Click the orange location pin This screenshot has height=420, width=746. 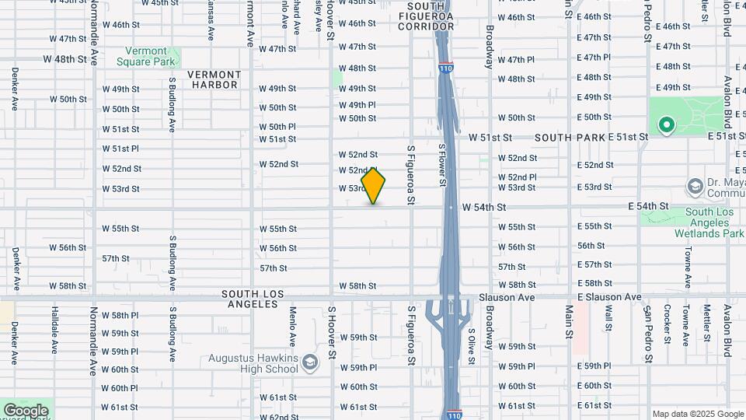[374, 185]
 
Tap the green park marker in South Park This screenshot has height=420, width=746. [666, 124]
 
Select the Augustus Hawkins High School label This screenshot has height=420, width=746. [253, 363]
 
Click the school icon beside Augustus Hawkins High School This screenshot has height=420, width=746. [310, 362]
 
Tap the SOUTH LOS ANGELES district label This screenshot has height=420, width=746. [253, 299]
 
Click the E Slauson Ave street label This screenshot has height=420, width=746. [610, 297]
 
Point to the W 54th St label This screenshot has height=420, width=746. [484, 208]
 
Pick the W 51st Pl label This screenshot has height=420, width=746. [120, 149]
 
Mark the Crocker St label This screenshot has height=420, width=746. [668, 324]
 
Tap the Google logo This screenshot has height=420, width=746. [26, 410]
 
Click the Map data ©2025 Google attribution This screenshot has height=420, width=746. [697, 414]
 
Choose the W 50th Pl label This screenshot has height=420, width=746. [277, 126]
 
